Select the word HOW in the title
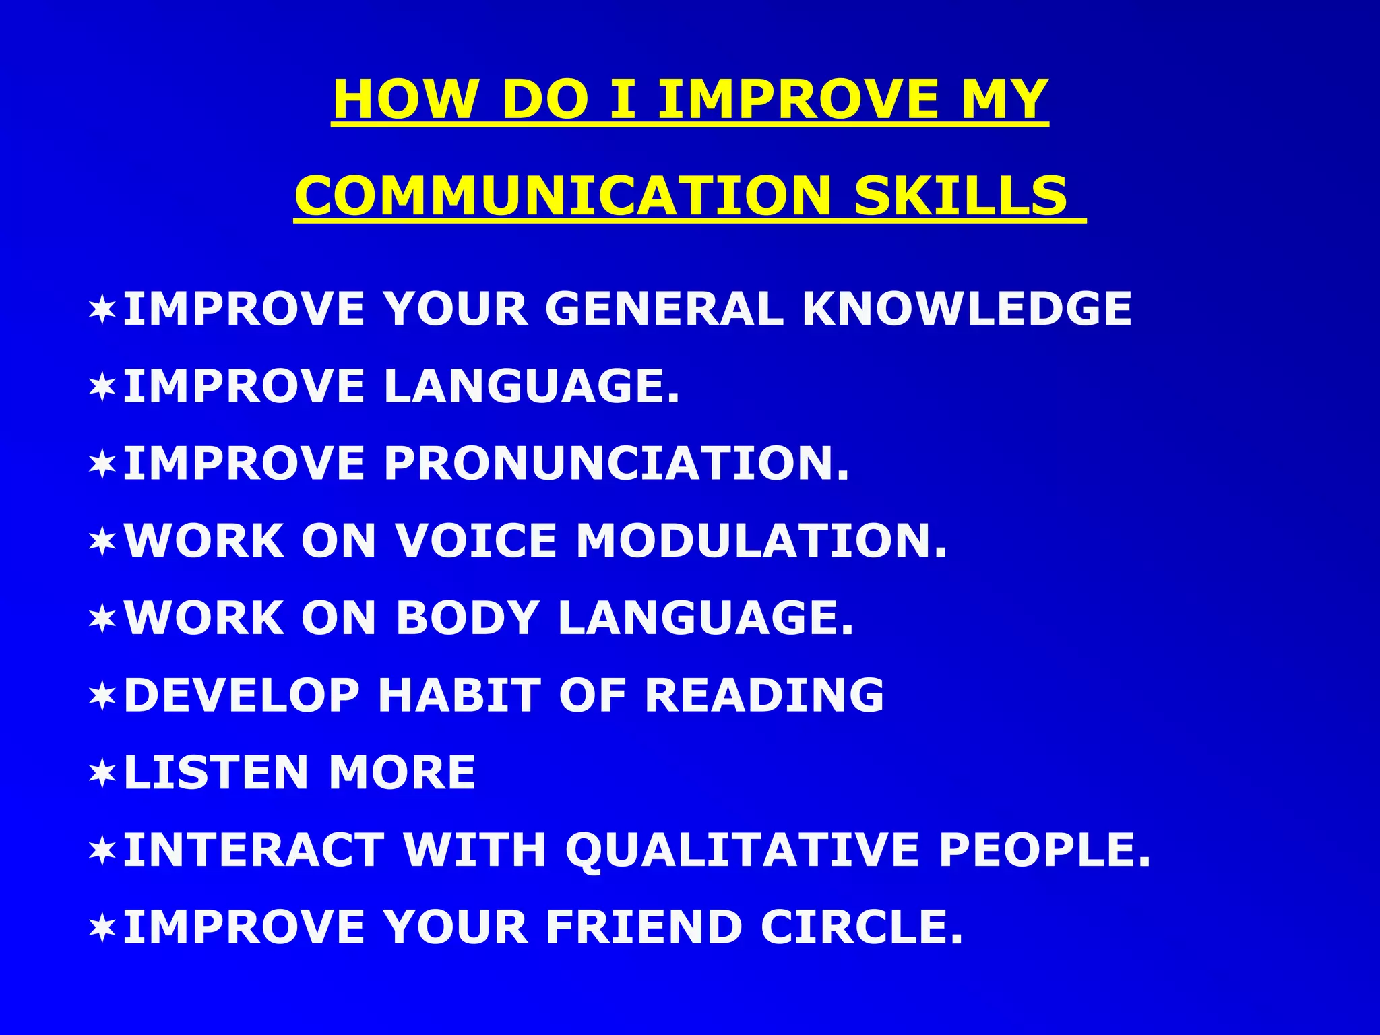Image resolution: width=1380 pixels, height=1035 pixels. coord(405,99)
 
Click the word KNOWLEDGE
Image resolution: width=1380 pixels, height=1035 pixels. coord(967,309)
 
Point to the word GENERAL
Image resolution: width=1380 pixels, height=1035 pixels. coord(664,309)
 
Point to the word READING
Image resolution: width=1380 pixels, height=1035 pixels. coord(764,695)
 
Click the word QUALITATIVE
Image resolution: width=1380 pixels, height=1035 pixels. coord(742,850)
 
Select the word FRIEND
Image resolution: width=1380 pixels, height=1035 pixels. coord(644,927)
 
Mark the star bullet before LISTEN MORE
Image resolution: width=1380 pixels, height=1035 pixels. coord(102,774)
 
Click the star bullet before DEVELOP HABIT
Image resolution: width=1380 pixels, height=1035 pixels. coord(102,697)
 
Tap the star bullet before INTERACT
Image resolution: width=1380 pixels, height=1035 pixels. coord(102,851)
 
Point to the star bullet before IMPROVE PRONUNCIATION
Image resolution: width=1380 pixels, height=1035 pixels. coord(102,465)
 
